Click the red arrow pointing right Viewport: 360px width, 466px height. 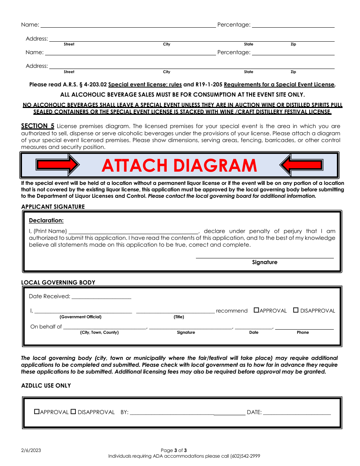click(58, 165)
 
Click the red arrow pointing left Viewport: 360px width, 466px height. click(301, 165)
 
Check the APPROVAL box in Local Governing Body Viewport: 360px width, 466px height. click(256, 310)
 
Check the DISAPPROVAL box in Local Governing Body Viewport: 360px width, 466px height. click(296, 310)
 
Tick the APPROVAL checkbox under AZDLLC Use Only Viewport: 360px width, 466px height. click(37, 411)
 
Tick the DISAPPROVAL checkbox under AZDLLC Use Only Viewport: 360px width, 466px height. click(74, 411)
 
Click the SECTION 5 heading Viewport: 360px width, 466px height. click(38, 126)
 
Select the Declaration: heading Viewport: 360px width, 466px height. click(46, 220)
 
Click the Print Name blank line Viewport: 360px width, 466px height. click(133, 232)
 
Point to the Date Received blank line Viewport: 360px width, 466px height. click(101, 297)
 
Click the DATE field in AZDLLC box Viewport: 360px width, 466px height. click(297, 413)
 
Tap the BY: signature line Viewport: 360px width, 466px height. click(187, 413)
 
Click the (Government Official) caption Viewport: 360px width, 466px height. click(80, 317)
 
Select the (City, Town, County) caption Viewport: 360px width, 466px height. click(99, 332)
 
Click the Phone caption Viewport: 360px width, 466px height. click(303, 332)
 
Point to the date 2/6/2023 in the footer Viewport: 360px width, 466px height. click(31, 450)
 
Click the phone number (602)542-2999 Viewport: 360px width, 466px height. click(245, 456)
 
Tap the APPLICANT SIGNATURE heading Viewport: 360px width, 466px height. click(53, 206)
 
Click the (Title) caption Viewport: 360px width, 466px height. click(179, 317)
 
